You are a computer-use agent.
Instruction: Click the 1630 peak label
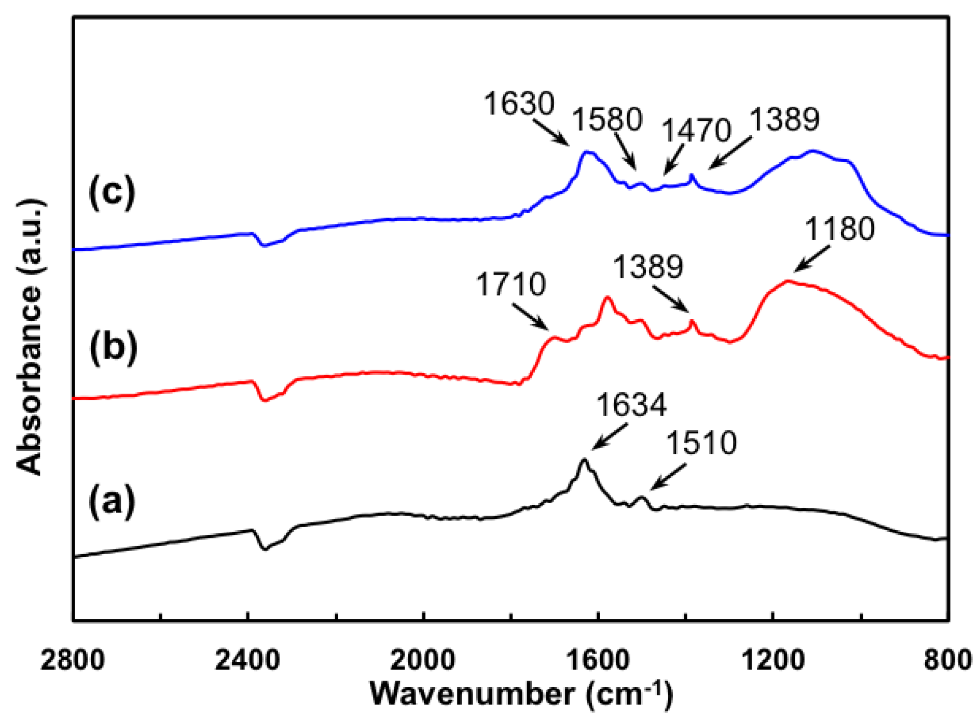(x=519, y=103)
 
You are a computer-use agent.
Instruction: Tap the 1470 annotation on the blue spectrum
(x=696, y=130)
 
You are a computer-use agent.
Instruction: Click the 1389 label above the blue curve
(x=784, y=119)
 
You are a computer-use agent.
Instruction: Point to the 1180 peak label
(x=839, y=228)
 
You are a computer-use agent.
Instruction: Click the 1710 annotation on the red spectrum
(x=511, y=284)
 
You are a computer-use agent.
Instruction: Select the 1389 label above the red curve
(x=648, y=267)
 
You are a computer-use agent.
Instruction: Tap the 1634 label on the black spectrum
(x=631, y=405)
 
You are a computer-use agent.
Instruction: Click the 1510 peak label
(x=701, y=443)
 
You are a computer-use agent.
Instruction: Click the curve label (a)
(x=112, y=502)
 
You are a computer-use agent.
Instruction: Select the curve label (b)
(x=113, y=347)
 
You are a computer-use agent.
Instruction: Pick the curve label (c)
(x=112, y=192)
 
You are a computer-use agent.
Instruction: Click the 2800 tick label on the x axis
(x=72, y=661)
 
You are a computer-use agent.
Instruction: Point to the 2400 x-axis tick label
(x=248, y=661)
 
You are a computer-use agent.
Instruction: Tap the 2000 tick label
(x=423, y=661)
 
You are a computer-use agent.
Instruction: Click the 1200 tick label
(x=773, y=661)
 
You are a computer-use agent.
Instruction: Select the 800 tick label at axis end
(x=948, y=661)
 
